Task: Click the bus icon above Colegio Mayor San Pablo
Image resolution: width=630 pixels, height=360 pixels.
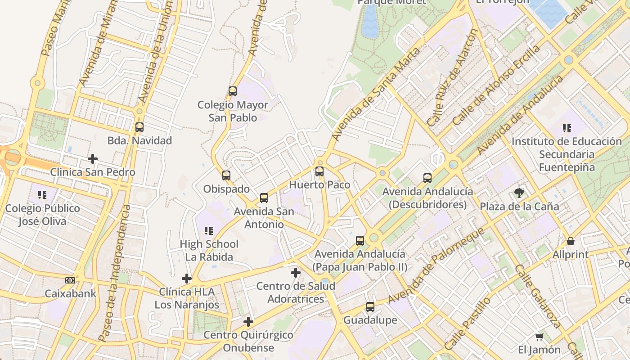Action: [233, 91]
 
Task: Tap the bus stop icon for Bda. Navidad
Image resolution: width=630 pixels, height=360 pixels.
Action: [139, 127]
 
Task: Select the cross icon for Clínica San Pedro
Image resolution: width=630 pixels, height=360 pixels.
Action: [93, 159]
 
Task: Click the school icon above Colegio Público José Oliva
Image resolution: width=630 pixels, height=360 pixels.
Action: [42, 195]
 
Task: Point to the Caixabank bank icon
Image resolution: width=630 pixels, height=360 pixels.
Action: [70, 280]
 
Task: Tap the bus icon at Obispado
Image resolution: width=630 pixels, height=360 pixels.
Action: [226, 175]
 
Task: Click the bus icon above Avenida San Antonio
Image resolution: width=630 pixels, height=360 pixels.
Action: [264, 198]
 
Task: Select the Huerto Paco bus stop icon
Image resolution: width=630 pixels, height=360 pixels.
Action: [319, 171]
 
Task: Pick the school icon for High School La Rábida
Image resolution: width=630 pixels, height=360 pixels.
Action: [209, 231]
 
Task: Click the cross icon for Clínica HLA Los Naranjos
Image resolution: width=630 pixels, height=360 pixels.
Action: [187, 279]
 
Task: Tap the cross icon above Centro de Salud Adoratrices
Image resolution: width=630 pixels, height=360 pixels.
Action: [296, 273]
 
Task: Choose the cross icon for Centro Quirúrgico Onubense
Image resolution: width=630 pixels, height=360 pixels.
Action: [248, 322]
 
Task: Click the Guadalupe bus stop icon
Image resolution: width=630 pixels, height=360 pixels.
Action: [370, 307]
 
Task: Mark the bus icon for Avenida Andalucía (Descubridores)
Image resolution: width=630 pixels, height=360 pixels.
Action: [427, 178]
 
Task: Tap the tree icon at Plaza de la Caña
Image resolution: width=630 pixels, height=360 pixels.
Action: [519, 193]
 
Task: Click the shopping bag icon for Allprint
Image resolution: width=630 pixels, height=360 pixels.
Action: [571, 241]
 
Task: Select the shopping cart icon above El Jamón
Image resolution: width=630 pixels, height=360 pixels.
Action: [539, 337]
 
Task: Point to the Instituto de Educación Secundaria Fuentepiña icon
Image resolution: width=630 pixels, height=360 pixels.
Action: [567, 128]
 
